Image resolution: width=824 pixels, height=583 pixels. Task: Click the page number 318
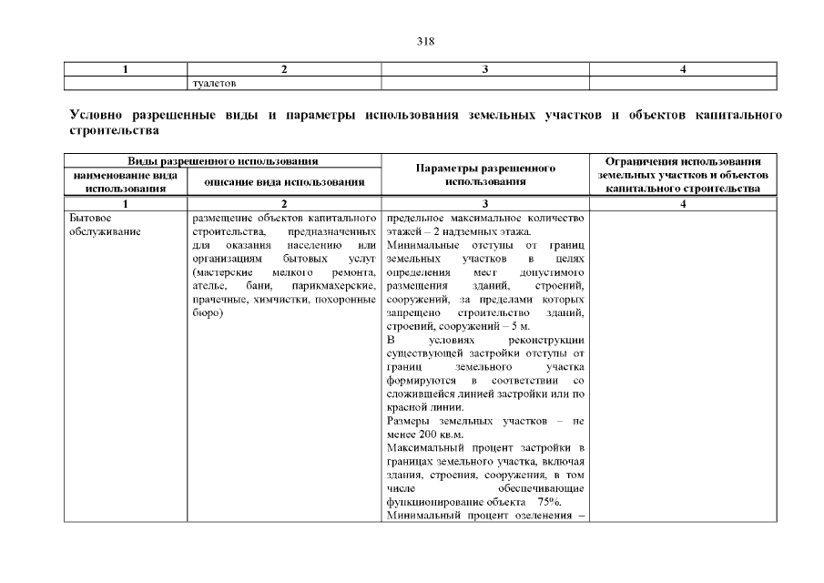point(412,41)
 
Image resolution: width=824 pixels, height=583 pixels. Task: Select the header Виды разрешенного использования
point(223,160)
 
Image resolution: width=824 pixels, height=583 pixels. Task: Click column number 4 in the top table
point(683,69)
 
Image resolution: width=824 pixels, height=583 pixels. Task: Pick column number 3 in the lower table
point(485,205)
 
